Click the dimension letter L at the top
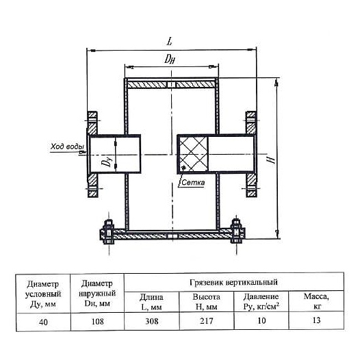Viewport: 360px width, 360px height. (x=170, y=41)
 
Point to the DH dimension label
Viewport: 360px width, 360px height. (x=170, y=60)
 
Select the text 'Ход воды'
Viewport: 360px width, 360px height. (x=67, y=146)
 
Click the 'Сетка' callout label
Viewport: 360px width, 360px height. (x=193, y=183)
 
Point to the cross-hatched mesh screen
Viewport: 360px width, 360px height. (x=193, y=154)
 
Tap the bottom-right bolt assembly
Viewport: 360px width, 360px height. (x=237, y=231)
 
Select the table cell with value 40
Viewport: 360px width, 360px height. (x=43, y=322)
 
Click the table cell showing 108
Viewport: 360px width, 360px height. (x=98, y=322)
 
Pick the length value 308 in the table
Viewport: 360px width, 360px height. (x=152, y=321)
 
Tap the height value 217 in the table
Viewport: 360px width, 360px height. (x=207, y=320)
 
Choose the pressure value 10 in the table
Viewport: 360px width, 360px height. (x=261, y=320)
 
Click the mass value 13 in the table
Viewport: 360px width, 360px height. (x=316, y=320)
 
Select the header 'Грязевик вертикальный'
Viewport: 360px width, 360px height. (x=233, y=282)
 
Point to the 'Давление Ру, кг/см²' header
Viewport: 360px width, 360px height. (x=261, y=301)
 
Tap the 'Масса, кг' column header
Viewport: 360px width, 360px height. (x=316, y=301)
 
